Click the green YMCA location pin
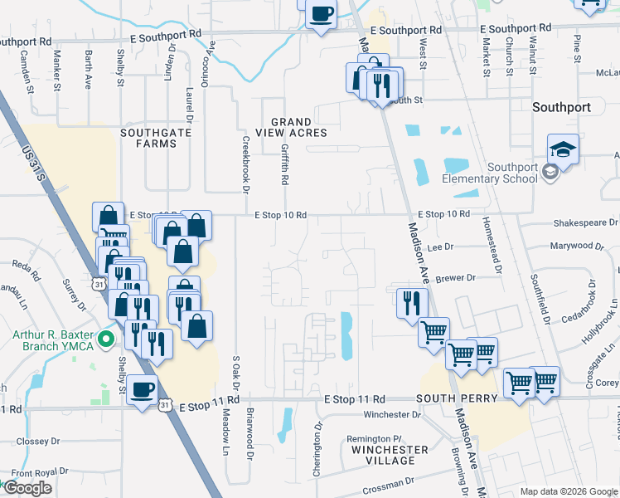(105, 339)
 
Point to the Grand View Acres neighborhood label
(291, 127)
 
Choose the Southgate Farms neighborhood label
(149, 138)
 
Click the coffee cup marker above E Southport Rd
(321, 14)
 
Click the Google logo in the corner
(27, 488)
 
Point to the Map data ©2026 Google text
(569, 491)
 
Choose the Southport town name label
(561, 107)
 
